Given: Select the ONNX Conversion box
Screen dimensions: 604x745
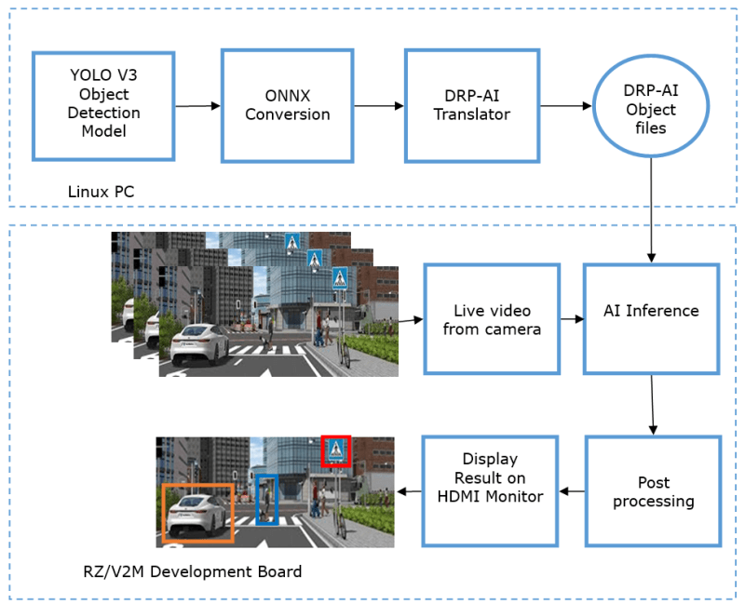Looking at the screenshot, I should click(287, 105).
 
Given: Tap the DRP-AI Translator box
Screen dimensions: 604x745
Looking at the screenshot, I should click(471, 105).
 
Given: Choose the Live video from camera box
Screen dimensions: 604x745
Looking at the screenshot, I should click(492, 319).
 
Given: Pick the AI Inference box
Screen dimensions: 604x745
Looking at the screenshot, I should click(651, 312).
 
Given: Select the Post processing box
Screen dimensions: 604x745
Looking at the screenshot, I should click(653, 491).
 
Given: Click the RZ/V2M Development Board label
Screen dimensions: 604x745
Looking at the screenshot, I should click(192, 571).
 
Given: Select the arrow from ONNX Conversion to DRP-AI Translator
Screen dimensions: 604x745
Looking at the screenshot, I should click(379, 106).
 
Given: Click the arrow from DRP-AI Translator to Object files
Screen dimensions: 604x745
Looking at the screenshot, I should click(566, 106).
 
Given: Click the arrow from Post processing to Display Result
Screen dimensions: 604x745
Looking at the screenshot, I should click(572, 490).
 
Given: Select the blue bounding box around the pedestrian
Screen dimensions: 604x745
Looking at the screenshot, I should click(266, 500).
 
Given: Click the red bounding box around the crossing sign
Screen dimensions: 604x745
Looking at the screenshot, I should click(335, 450).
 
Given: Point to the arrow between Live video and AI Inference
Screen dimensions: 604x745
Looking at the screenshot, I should click(572, 319).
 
